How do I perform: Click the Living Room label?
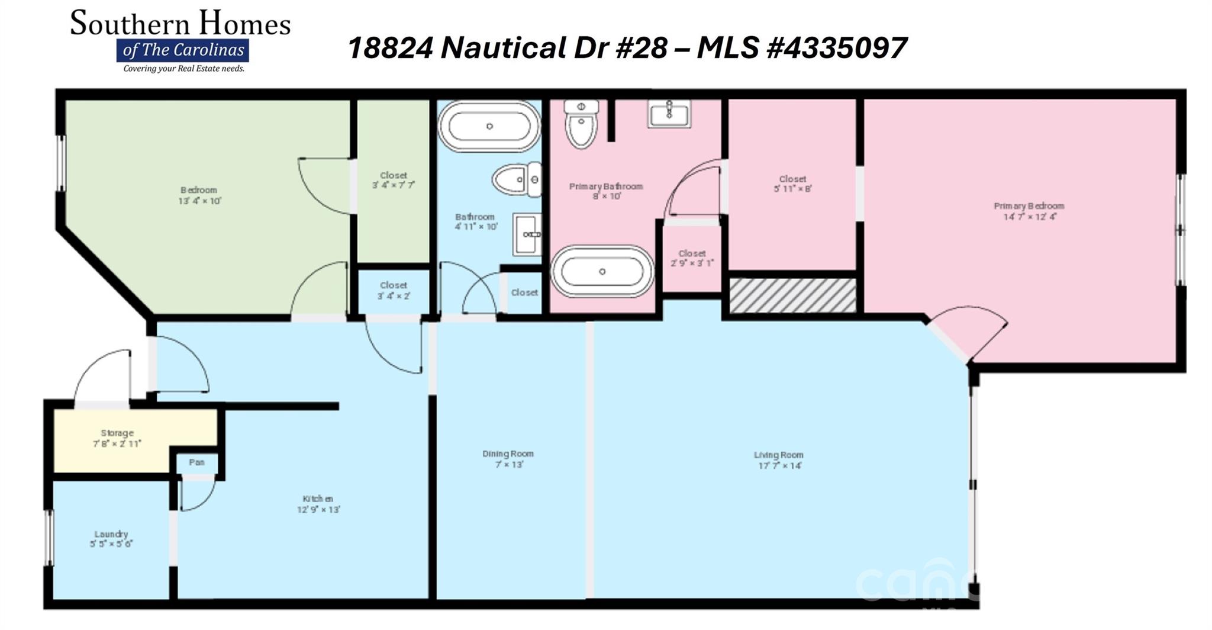[778, 455]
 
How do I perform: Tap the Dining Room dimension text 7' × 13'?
[508, 465]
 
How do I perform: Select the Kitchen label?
[318, 499]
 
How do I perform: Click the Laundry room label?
[111, 534]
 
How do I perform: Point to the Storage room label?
[117, 433]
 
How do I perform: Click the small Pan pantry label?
[196, 462]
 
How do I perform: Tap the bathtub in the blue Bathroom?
[489, 127]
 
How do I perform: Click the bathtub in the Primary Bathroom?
[602, 272]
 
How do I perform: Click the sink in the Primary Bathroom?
[669, 112]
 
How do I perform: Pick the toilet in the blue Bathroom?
[517, 179]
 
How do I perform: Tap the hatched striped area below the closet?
[792, 295]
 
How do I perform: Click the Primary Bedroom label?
[1029, 206]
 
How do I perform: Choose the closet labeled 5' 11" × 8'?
[792, 184]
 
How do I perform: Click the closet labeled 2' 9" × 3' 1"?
[692, 258]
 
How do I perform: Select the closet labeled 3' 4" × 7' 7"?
[394, 180]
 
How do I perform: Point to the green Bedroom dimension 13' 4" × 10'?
[199, 201]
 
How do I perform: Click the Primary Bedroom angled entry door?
[971, 335]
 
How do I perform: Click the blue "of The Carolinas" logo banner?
[182, 50]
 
